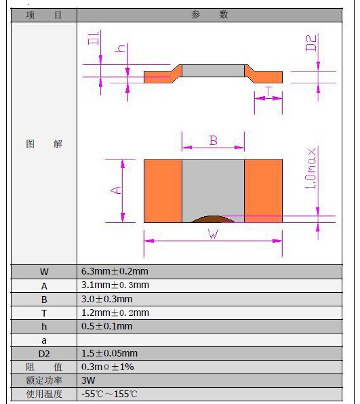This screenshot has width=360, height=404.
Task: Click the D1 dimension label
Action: click(93, 39)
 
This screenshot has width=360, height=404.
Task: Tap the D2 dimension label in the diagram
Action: click(311, 43)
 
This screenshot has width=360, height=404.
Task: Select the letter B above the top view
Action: click(214, 140)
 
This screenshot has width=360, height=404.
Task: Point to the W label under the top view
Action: click(214, 234)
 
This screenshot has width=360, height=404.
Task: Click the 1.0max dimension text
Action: click(311, 168)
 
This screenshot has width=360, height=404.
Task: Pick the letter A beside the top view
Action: click(116, 190)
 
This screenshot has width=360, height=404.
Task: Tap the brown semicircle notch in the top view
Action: click(213, 219)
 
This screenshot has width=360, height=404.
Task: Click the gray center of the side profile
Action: click(213, 71)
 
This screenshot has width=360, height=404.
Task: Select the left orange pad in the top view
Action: click(163, 191)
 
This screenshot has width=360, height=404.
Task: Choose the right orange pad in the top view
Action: click(263, 191)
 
